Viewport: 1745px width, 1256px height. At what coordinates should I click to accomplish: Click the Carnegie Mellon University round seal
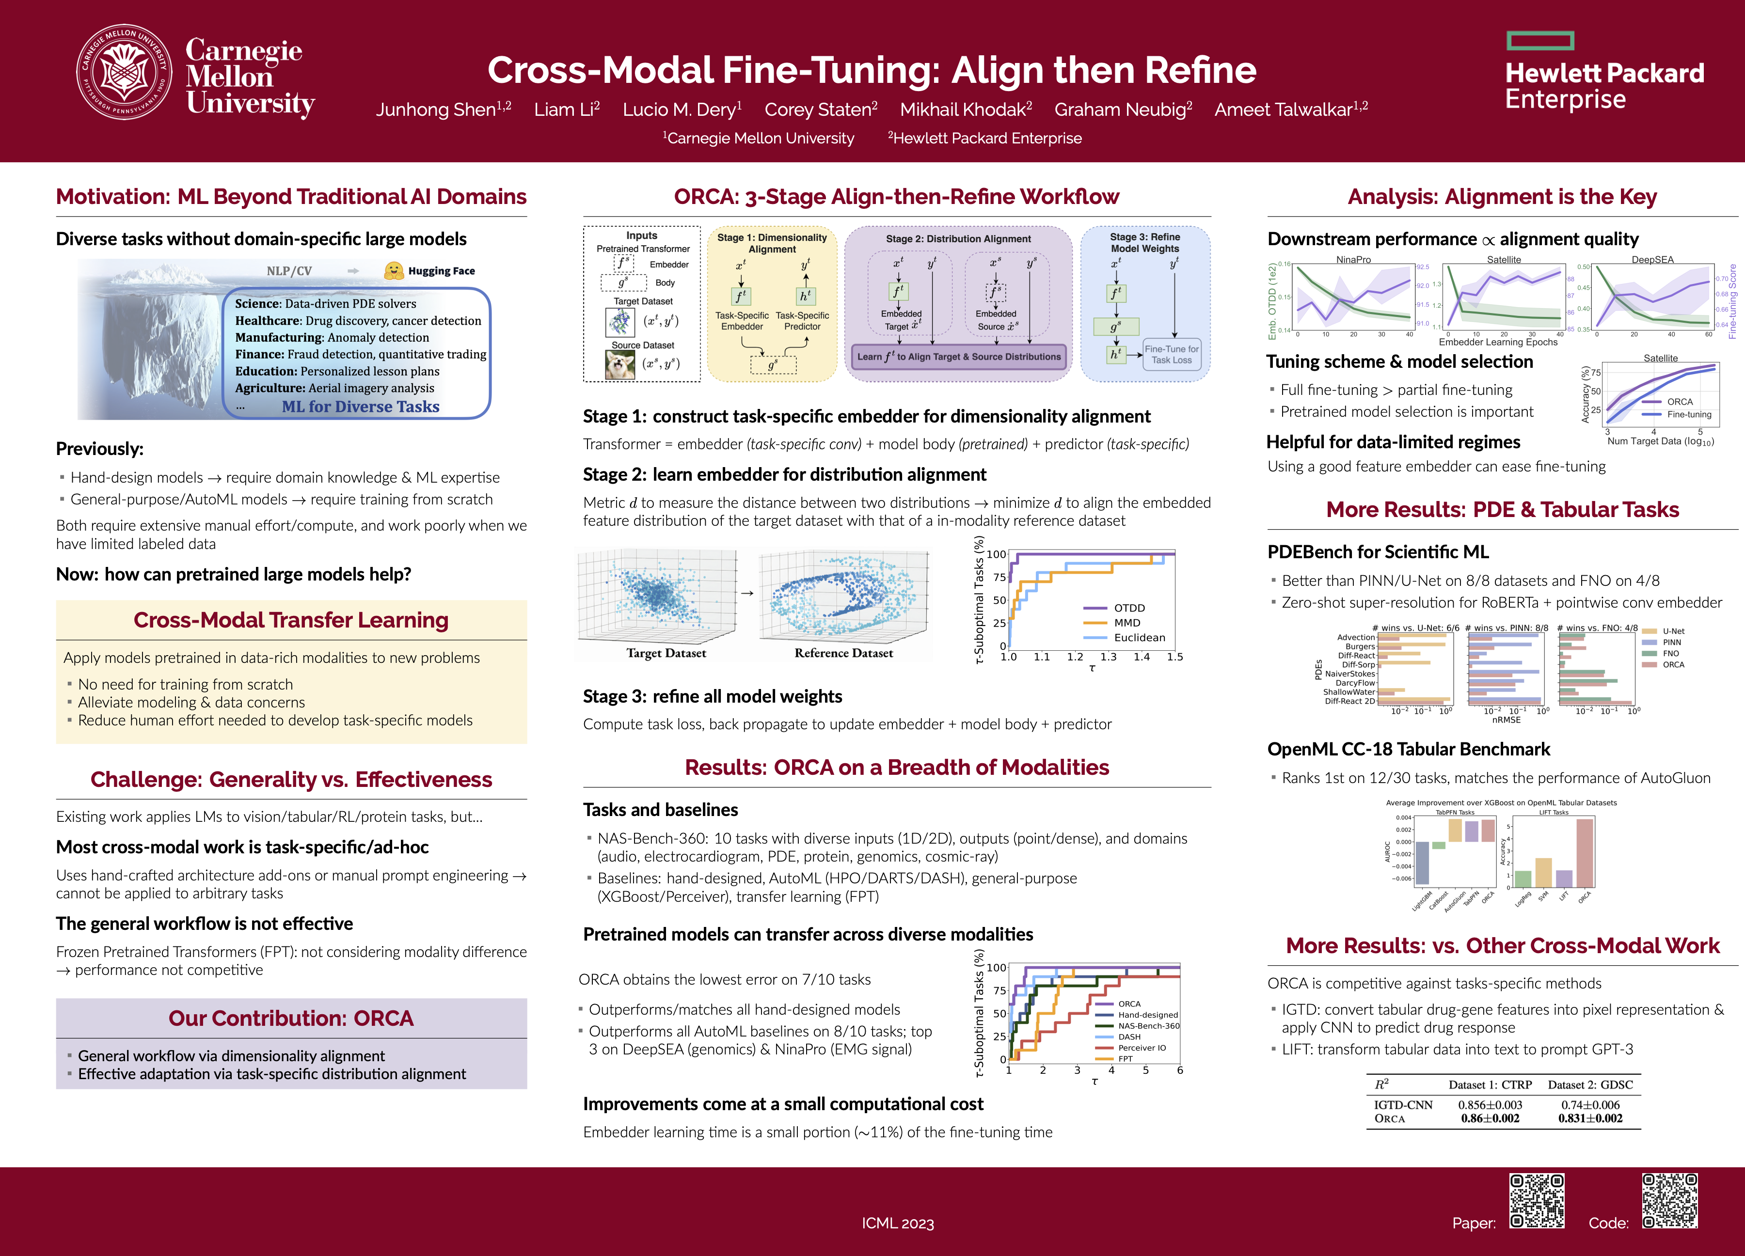[x=124, y=72]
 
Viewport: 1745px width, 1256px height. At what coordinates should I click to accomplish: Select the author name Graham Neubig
[x=1123, y=109]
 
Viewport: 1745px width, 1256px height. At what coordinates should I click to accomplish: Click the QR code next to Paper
[x=1537, y=1201]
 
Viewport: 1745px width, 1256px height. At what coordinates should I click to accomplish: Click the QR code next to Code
[x=1669, y=1201]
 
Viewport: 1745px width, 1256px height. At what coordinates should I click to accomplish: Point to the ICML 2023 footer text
[x=897, y=1223]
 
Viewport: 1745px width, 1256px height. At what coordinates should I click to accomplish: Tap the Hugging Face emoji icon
[x=394, y=270]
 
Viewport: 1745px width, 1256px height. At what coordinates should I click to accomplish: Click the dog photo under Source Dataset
[x=620, y=364]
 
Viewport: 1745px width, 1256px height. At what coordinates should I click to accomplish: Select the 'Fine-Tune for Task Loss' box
[x=1171, y=355]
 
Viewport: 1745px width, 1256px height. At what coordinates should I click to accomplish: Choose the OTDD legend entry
[x=1129, y=608]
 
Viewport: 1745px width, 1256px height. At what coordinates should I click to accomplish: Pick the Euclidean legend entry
[x=1139, y=638]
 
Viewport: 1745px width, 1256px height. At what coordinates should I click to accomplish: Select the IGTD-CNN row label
[x=1403, y=1104]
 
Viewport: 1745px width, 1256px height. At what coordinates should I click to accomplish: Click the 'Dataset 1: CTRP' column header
[x=1490, y=1084]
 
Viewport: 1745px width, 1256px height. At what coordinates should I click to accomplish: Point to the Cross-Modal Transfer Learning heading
[x=291, y=620]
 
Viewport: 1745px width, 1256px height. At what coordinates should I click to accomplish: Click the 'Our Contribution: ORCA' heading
[x=291, y=1019]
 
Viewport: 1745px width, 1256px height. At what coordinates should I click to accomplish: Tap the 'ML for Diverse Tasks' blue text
[x=360, y=406]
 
